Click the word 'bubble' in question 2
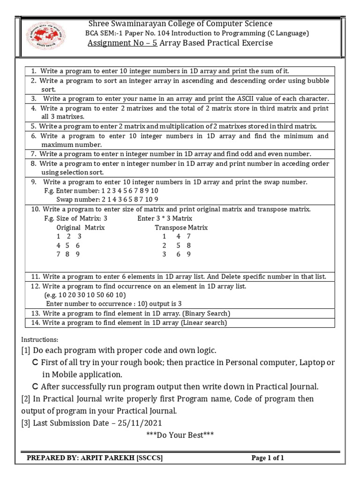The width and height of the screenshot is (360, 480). [318, 81]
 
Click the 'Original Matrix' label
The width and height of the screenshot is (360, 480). [80, 227]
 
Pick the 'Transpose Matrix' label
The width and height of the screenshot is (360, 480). [181, 227]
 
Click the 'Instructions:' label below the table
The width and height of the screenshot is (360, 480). [40, 339]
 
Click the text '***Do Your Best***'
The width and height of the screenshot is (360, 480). [180, 435]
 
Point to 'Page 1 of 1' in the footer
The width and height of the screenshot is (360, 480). [268, 458]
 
